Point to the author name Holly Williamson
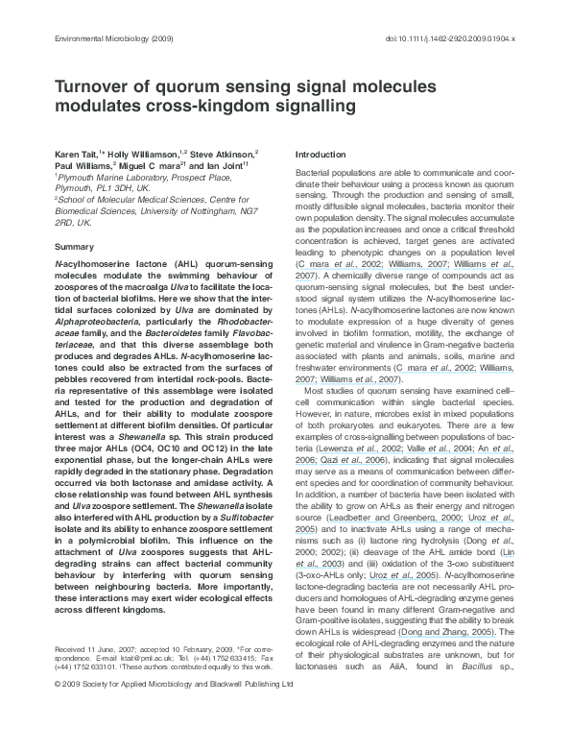(137, 155)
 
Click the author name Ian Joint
(230, 166)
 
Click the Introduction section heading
(321, 155)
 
